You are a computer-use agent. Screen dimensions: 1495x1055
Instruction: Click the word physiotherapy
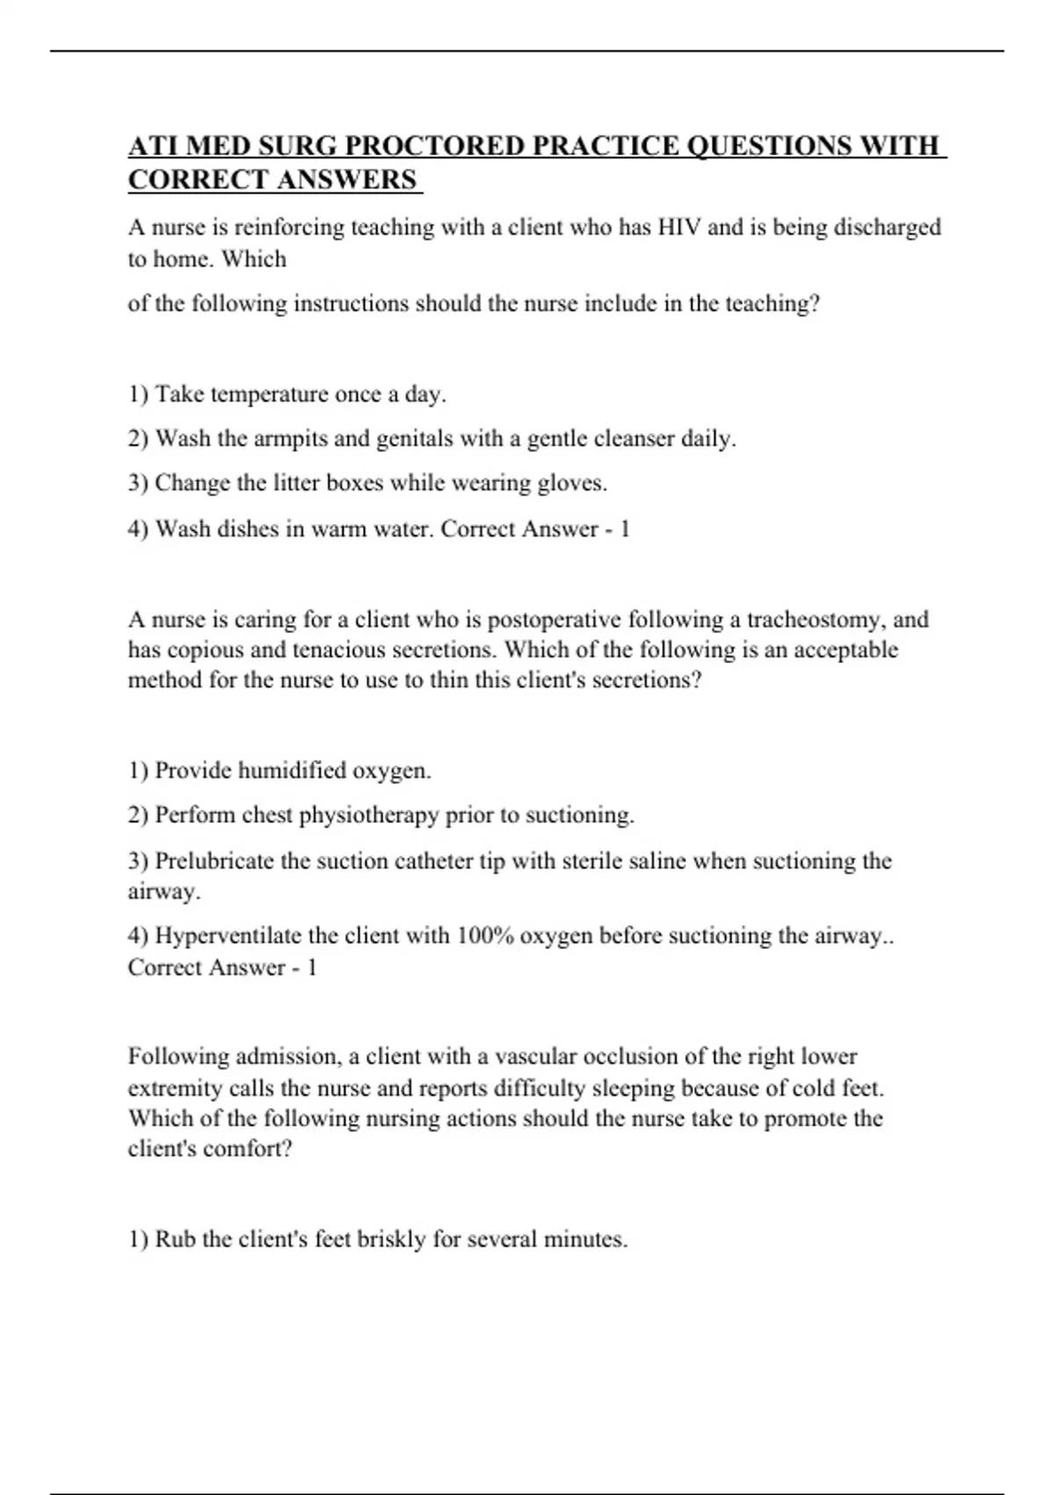(x=368, y=816)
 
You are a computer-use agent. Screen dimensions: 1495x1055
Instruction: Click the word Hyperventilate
(x=231, y=937)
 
